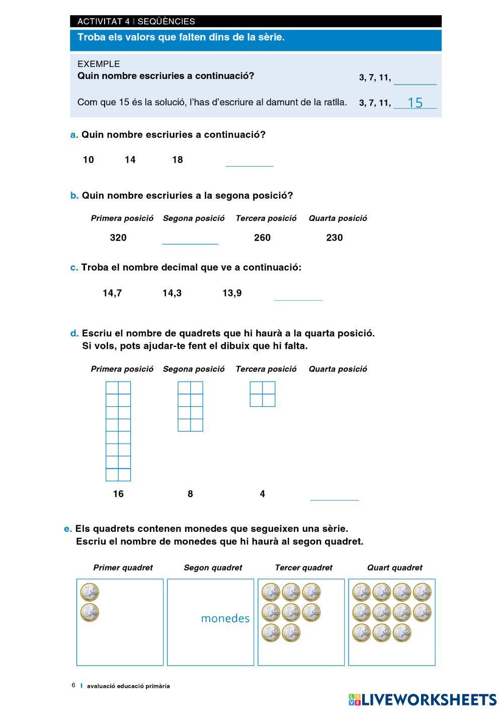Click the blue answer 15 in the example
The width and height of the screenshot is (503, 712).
coord(415,103)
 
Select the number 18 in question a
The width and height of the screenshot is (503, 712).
coord(177,160)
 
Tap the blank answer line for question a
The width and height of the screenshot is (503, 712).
coord(249,163)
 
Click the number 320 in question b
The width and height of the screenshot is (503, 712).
coord(118,238)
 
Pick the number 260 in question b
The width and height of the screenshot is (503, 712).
coord(262,238)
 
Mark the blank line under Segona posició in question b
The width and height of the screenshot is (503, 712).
coord(190,241)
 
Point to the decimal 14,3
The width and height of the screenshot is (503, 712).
coord(172,293)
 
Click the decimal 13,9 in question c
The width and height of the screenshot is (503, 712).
coord(232,293)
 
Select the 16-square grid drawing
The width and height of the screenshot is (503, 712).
coord(118,431)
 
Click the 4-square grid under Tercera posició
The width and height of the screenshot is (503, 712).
coord(263,394)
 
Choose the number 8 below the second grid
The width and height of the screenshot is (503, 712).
coord(190,494)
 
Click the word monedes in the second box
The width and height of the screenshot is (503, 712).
coord(225,618)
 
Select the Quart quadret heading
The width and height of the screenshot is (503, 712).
coord(395,568)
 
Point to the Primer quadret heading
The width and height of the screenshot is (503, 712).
coord(123,568)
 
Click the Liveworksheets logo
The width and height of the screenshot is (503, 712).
coord(422,699)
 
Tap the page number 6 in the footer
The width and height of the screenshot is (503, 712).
coord(73,685)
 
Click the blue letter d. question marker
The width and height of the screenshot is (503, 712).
coord(74,333)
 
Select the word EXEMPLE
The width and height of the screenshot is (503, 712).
coord(99,64)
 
